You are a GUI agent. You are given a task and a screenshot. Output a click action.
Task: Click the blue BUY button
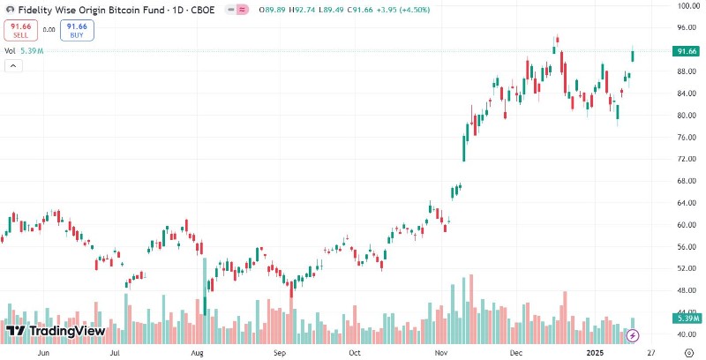79,31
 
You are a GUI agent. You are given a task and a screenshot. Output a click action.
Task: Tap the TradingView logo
55,331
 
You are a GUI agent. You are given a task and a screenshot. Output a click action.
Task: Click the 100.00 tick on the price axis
687,6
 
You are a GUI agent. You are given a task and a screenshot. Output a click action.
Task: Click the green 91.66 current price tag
687,51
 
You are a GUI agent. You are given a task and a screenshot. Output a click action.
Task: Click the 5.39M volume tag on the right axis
687,317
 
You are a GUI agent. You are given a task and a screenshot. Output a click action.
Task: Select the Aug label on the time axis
197,350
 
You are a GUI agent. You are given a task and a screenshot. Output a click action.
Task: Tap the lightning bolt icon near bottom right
632,335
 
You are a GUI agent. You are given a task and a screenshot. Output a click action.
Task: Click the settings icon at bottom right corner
687,350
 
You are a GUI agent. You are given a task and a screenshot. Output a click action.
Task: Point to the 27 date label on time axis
651,350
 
